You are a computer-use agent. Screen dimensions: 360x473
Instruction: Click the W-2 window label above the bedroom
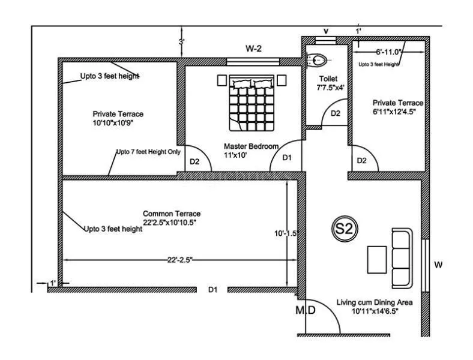pos(252,48)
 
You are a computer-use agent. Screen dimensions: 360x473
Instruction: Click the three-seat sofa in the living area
pos(401,257)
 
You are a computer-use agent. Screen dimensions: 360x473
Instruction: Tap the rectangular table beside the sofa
pos(377,259)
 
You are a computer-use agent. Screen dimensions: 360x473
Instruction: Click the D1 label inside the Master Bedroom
pos(287,158)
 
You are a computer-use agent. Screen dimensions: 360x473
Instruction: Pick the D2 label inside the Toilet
pos(336,113)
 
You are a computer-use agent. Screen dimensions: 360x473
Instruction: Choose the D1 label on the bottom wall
pos(212,290)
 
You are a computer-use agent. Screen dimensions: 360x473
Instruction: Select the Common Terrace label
pos(171,218)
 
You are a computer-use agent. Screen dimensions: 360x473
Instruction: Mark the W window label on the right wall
pos(438,264)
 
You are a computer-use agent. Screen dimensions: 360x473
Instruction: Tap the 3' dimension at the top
pos(181,42)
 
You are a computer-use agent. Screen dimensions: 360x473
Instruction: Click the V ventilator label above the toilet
pos(326,31)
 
